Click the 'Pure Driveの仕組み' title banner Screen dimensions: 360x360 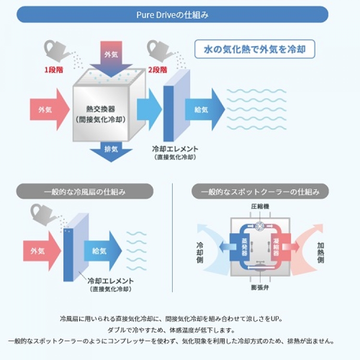(172, 14)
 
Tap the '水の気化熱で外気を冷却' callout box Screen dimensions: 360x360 (254, 48)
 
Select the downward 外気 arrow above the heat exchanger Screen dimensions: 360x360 (111, 56)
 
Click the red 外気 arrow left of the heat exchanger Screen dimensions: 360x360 (48, 109)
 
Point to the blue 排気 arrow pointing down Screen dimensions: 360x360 (111, 149)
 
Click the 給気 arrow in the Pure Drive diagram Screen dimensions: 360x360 (204, 109)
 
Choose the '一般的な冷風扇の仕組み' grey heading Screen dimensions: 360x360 (85, 192)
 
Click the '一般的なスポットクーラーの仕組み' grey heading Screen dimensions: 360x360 (260, 192)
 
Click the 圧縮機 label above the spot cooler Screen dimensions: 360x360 (261, 206)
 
